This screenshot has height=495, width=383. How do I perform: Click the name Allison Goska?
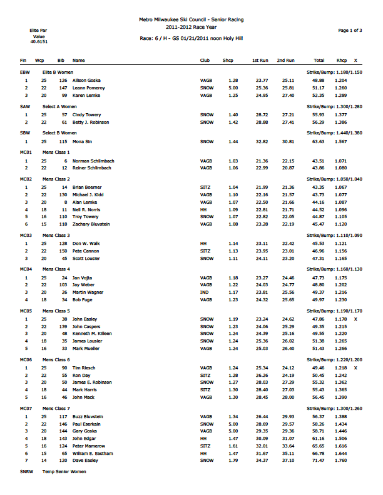tap(88, 81)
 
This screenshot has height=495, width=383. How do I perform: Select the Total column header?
tap(319, 61)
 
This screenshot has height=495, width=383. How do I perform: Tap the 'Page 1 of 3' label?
tap(350, 30)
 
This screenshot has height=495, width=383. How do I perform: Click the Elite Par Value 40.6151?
tap(37, 40)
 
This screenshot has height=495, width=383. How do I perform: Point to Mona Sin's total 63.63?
tap(319, 142)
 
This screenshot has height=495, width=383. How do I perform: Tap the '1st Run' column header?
tap(260, 61)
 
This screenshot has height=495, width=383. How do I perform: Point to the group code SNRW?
tap(26, 471)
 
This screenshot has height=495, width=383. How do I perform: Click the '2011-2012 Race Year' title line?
tap(191, 28)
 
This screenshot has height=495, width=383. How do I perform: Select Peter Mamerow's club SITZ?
tap(206, 447)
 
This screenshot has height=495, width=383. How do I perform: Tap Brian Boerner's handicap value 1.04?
tap(233, 187)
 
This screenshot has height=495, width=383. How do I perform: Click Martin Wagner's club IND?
tap(204, 292)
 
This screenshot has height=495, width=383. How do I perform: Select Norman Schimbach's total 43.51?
tap(319, 161)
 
